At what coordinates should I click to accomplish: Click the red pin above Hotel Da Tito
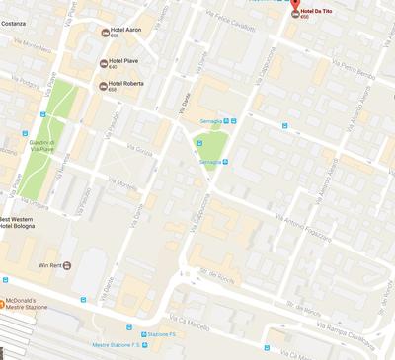tap(294, 11)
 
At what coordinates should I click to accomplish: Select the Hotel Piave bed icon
tap(104, 63)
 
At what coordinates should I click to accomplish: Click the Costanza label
tap(15, 23)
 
